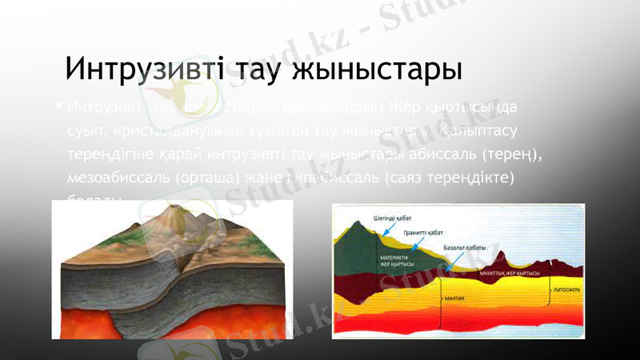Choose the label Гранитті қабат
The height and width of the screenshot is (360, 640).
tap(423, 232)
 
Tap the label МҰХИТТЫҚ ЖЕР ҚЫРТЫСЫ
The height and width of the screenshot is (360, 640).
tap(509, 274)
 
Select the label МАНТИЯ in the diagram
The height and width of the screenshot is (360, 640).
tap(454, 298)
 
